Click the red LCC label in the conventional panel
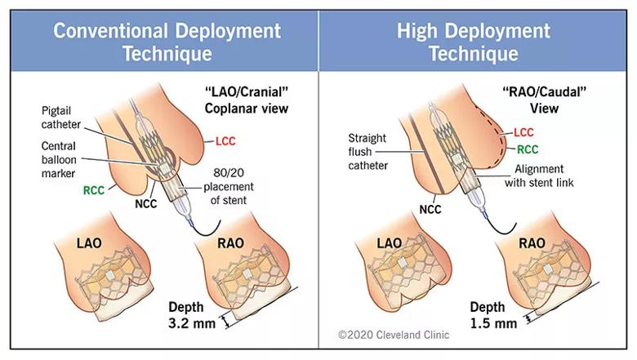[225, 141]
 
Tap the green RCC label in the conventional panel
[94, 190]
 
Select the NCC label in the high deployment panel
[430, 210]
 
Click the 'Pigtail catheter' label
[61, 118]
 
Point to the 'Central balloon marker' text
[59, 159]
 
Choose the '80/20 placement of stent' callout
[229, 186]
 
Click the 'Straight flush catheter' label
[367, 151]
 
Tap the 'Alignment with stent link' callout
[539, 176]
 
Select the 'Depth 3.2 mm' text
[192, 315]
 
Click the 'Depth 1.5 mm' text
[493, 315]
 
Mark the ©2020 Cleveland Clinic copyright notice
[394, 335]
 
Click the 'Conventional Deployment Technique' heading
[167, 42]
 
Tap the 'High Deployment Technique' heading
[474, 42]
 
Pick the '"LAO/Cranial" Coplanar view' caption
[247, 100]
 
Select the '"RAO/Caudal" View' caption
[545, 100]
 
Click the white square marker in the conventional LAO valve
[110, 276]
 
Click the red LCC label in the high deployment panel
[523, 132]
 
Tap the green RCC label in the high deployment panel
[528, 149]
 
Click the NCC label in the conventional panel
[146, 203]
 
